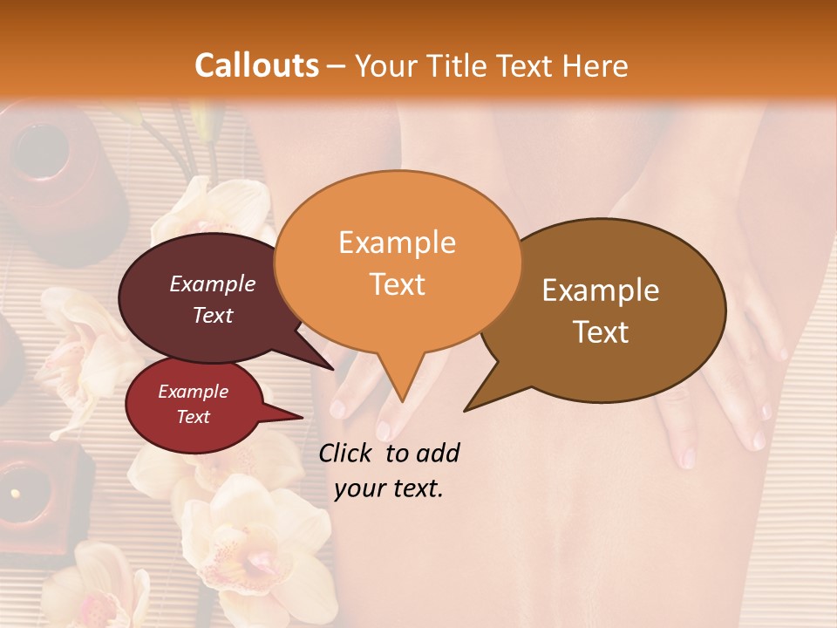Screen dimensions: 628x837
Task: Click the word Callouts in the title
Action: click(x=256, y=65)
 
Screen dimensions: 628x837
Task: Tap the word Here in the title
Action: click(x=595, y=65)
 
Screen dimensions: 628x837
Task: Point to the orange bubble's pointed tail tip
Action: click(x=402, y=400)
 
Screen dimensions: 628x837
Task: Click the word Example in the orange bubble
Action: click(x=397, y=242)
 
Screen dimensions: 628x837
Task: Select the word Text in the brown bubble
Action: click(x=602, y=332)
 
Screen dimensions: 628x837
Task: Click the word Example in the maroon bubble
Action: click(x=213, y=283)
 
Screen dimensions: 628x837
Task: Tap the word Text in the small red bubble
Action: click(x=194, y=417)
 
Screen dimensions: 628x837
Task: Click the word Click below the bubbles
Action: click(x=348, y=453)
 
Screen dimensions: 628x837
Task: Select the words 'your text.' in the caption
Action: click(x=389, y=488)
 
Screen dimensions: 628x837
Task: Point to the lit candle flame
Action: click(x=15, y=494)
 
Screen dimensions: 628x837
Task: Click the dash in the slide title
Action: click(x=338, y=66)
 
